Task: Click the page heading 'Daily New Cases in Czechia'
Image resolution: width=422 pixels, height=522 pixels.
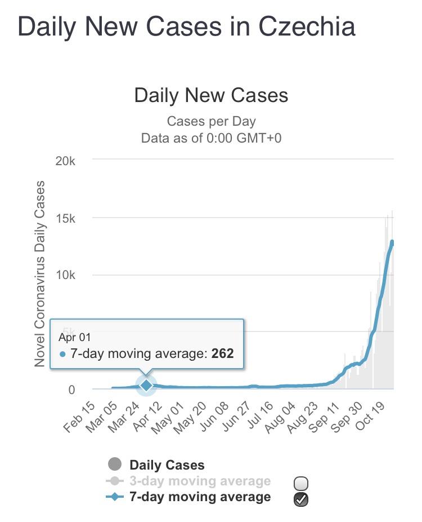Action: point(186,26)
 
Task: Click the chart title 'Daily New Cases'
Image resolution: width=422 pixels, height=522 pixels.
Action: point(211,95)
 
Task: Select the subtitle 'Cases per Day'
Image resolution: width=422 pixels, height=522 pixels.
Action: point(211,121)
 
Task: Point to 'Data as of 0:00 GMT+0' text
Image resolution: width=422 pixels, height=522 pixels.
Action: point(211,138)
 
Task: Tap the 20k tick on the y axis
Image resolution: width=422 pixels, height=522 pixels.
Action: point(65,161)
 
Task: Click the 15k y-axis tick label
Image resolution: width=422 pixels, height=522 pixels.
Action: point(65,218)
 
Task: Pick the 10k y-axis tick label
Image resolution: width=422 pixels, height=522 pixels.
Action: point(65,275)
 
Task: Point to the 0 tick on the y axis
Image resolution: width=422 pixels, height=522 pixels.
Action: point(71,390)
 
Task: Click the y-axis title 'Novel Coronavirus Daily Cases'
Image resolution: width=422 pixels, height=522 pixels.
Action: point(39,274)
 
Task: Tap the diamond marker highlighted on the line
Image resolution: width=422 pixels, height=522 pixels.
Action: point(146,385)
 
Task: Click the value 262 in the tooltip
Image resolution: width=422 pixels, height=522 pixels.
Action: point(222,354)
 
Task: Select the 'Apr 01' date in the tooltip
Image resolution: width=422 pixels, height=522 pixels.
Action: point(74,337)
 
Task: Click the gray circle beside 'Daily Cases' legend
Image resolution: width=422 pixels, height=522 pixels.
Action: point(115,465)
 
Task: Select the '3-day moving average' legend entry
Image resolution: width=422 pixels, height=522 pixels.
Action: point(200,481)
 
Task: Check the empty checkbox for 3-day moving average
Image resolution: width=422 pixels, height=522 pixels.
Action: point(301,483)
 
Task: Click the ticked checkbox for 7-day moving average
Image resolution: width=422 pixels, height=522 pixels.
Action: point(301,499)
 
